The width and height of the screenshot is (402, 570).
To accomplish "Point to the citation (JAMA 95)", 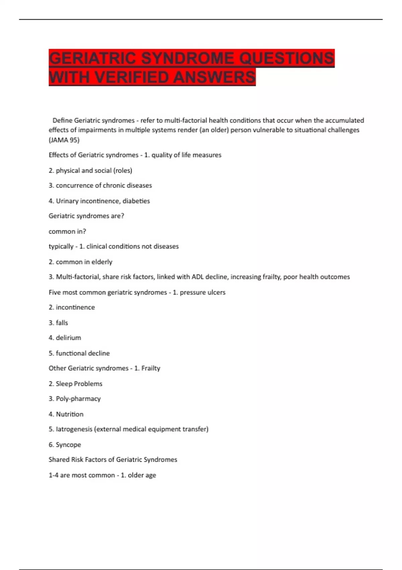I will point(64,140).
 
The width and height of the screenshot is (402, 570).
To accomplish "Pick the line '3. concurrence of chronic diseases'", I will point(100,185).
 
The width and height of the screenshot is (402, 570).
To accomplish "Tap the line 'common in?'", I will point(67,231).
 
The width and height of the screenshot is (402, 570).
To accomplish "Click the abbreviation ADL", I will point(197,277).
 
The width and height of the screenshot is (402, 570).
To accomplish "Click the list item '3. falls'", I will point(58,323).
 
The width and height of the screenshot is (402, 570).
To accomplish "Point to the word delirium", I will point(68,338).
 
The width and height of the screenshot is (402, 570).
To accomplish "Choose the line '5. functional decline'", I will point(79,353).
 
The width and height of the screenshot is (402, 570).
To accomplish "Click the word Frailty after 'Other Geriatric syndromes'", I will point(151,368).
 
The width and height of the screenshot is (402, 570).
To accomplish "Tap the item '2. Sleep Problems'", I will point(75,384).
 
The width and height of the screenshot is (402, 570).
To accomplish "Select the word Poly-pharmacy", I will point(78,399).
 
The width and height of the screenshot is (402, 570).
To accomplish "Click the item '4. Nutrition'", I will point(66,414).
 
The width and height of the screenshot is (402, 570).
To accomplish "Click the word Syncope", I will point(68,445).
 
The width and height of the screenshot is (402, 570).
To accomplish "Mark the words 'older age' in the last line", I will point(142,475).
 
